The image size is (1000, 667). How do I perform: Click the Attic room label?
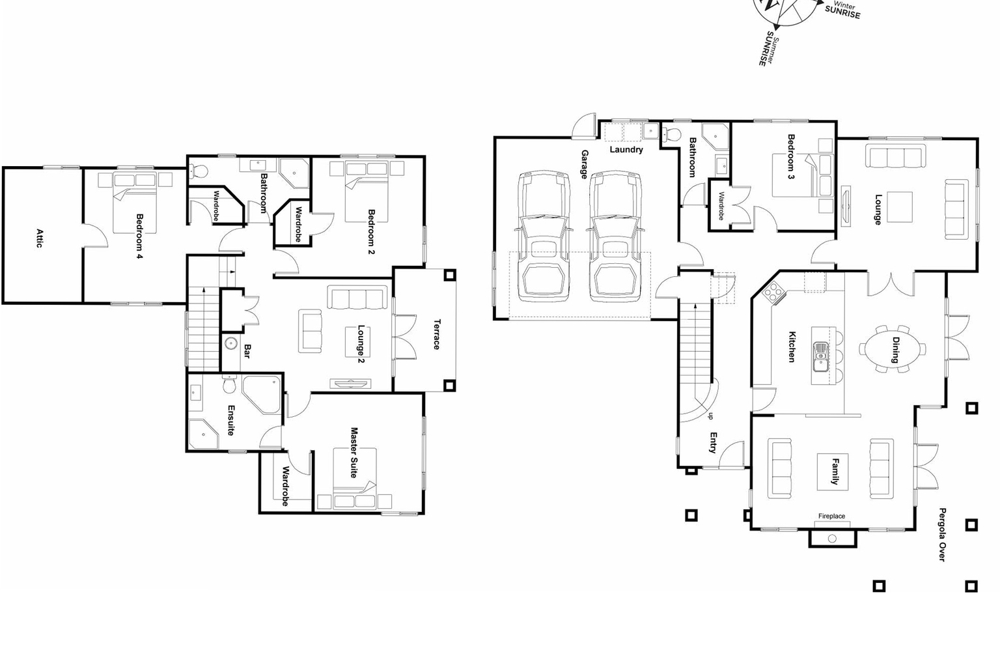pos(39,238)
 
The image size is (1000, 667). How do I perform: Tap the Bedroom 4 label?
pos(139,236)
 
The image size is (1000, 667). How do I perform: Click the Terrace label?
pos(436,334)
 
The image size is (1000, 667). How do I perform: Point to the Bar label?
pos(247,351)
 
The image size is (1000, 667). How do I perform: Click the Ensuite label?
pos(230,420)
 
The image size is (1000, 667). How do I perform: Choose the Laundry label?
pos(626,150)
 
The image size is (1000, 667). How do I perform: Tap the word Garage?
pos(584,164)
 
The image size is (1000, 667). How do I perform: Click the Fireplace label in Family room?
pos(831,516)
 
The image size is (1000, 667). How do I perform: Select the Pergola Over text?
pos(941,534)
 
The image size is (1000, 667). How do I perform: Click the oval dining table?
pos(893,348)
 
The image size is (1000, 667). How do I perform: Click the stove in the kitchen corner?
pos(773,292)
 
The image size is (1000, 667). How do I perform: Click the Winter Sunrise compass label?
pos(842,10)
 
